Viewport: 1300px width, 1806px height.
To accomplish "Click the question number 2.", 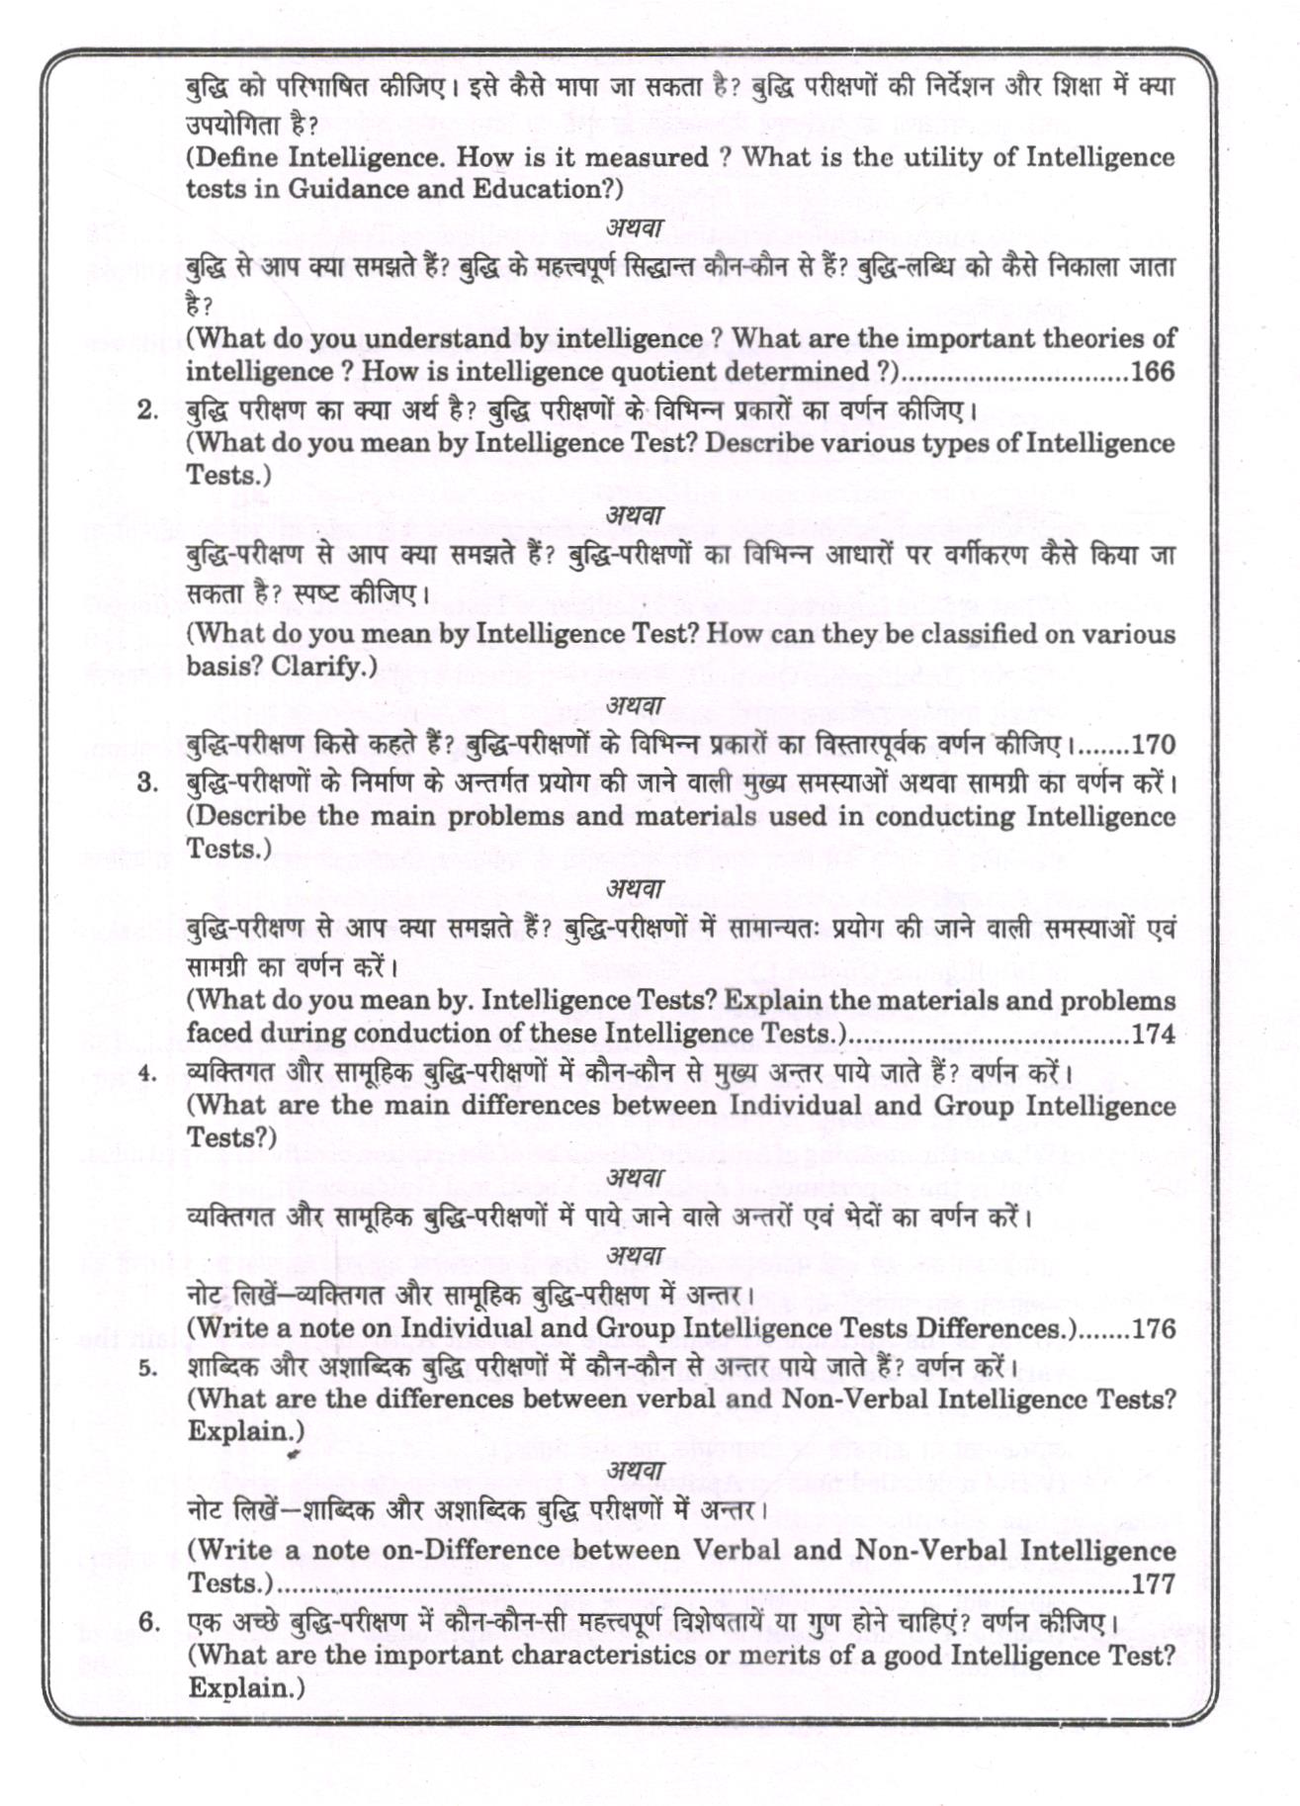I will coord(148,410).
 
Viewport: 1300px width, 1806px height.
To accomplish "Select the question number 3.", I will coord(148,783).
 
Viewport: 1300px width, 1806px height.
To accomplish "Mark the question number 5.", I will coord(148,1369).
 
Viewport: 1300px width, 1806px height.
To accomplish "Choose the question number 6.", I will coord(148,1623).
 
